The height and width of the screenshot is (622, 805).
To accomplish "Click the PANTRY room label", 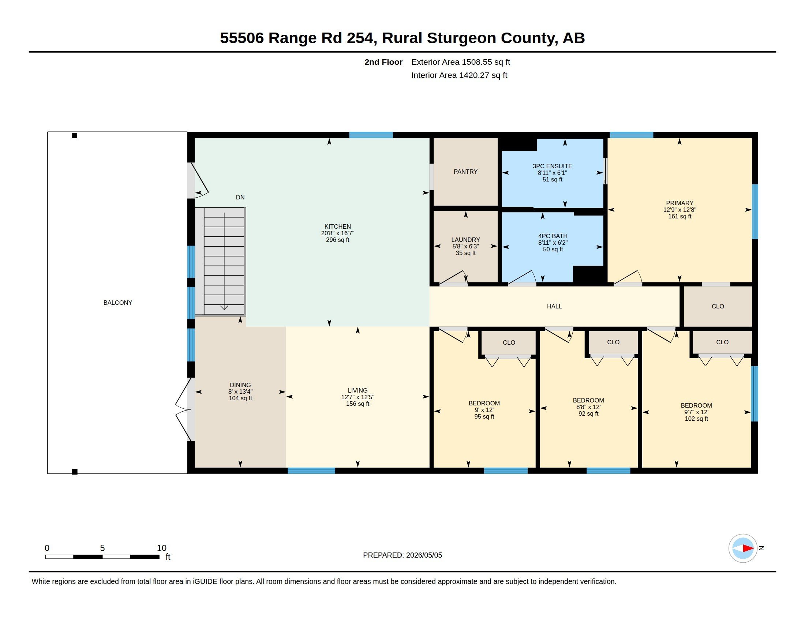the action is pyautogui.click(x=465, y=172).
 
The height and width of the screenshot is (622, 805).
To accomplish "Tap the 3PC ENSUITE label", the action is pyautogui.click(x=552, y=166).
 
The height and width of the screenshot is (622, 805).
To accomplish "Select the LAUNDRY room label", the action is pyautogui.click(x=465, y=240).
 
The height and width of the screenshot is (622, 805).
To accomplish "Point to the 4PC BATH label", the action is pyautogui.click(x=553, y=236).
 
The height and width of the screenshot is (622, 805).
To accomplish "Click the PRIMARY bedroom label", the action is pyautogui.click(x=679, y=203).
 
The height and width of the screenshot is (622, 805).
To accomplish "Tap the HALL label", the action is pyautogui.click(x=554, y=306).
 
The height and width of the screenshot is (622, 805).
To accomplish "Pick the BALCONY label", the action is pyautogui.click(x=117, y=303).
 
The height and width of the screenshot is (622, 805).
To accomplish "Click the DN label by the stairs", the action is pyautogui.click(x=240, y=197).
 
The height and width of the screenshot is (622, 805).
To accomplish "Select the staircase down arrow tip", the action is pyautogui.click(x=224, y=310).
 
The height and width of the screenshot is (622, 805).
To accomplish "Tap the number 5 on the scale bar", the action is pyautogui.click(x=102, y=548).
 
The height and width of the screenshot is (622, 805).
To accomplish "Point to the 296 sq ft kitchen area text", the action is pyautogui.click(x=337, y=240).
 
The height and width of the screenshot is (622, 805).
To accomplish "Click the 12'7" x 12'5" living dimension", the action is pyautogui.click(x=357, y=397).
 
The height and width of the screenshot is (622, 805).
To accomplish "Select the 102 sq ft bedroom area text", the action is pyautogui.click(x=696, y=419).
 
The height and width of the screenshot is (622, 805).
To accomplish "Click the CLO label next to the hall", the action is pyautogui.click(x=718, y=306).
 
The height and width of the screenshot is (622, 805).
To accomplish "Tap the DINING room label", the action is pyautogui.click(x=240, y=385).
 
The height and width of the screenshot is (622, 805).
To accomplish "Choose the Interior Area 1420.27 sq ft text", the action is pyautogui.click(x=459, y=75).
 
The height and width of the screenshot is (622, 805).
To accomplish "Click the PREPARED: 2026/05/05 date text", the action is pyautogui.click(x=402, y=555).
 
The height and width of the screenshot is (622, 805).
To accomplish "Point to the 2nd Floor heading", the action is pyautogui.click(x=383, y=62).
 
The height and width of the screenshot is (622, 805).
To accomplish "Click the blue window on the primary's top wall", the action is pyautogui.click(x=631, y=135).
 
